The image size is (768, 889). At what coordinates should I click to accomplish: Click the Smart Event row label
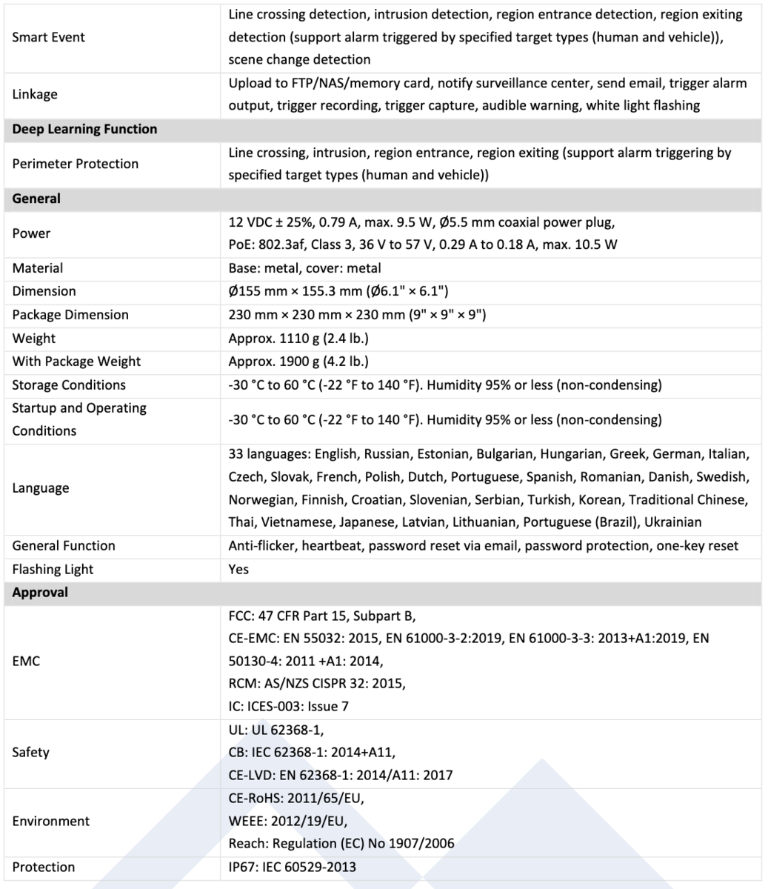click(x=48, y=36)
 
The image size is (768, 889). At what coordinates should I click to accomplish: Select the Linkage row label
click(x=35, y=94)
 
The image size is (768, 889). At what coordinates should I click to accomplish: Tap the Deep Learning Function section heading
click(x=84, y=129)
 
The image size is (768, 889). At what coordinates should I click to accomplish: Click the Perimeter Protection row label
click(x=75, y=164)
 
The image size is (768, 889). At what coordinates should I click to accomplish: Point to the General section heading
click(x=36, y=199)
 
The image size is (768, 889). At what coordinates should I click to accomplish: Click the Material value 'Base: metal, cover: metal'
click(x=304, y=268)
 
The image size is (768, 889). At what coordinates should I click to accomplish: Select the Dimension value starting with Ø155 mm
click(x=337, y=291)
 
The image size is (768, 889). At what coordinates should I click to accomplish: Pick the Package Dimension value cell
click(x=357, y=315)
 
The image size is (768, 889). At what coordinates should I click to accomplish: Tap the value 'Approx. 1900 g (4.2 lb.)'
click(x=298, y=362)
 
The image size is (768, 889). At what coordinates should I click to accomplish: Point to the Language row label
click(x=41, y=488)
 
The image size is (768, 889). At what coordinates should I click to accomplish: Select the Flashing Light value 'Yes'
click(x=238, y=570)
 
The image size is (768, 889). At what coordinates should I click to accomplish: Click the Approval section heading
click(x=40, y=593)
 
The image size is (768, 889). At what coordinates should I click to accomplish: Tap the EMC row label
click(x=26, y=661)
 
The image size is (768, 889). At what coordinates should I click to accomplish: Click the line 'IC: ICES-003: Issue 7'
click(x=288, y=707)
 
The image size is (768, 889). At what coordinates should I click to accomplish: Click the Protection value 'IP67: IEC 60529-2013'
click(x=292, y=868)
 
